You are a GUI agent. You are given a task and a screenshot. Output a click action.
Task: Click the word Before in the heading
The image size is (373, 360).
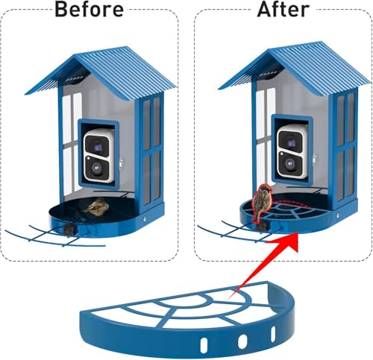(x=89, y=9)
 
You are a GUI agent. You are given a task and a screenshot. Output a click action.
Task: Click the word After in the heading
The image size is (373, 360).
(x=283, y=9)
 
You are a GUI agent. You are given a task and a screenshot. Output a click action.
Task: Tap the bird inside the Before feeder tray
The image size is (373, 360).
(x=96, y=206)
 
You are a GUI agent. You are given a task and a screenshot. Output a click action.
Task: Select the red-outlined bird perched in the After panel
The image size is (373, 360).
(x=261, y=203)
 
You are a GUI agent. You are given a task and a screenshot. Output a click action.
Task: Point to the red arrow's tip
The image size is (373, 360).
(x=298, y=233)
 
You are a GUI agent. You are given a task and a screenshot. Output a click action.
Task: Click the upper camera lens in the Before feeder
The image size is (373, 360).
(x=98, y=148)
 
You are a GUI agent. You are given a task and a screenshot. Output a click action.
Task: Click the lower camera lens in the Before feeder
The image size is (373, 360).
(x=96, y=168)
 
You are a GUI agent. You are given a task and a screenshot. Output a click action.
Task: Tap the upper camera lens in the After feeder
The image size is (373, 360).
(x=292, y=142)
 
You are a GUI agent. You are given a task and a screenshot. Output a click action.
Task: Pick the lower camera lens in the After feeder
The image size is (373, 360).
(x=290, y=163)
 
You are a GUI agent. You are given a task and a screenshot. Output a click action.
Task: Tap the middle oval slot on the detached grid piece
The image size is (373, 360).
(x=242, y=341)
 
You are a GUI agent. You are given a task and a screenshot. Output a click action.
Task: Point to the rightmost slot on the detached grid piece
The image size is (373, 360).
(x=273, y=334)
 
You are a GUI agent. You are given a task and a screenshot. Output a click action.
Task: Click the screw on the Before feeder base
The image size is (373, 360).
(x=145, y=219)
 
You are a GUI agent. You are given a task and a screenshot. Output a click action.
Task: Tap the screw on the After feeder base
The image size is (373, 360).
(x=338, y=215)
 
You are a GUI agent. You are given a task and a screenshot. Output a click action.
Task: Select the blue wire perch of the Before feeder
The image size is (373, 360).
(x=54, y=236)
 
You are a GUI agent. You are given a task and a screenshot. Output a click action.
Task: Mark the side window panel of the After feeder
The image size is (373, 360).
(x=345, y=147)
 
